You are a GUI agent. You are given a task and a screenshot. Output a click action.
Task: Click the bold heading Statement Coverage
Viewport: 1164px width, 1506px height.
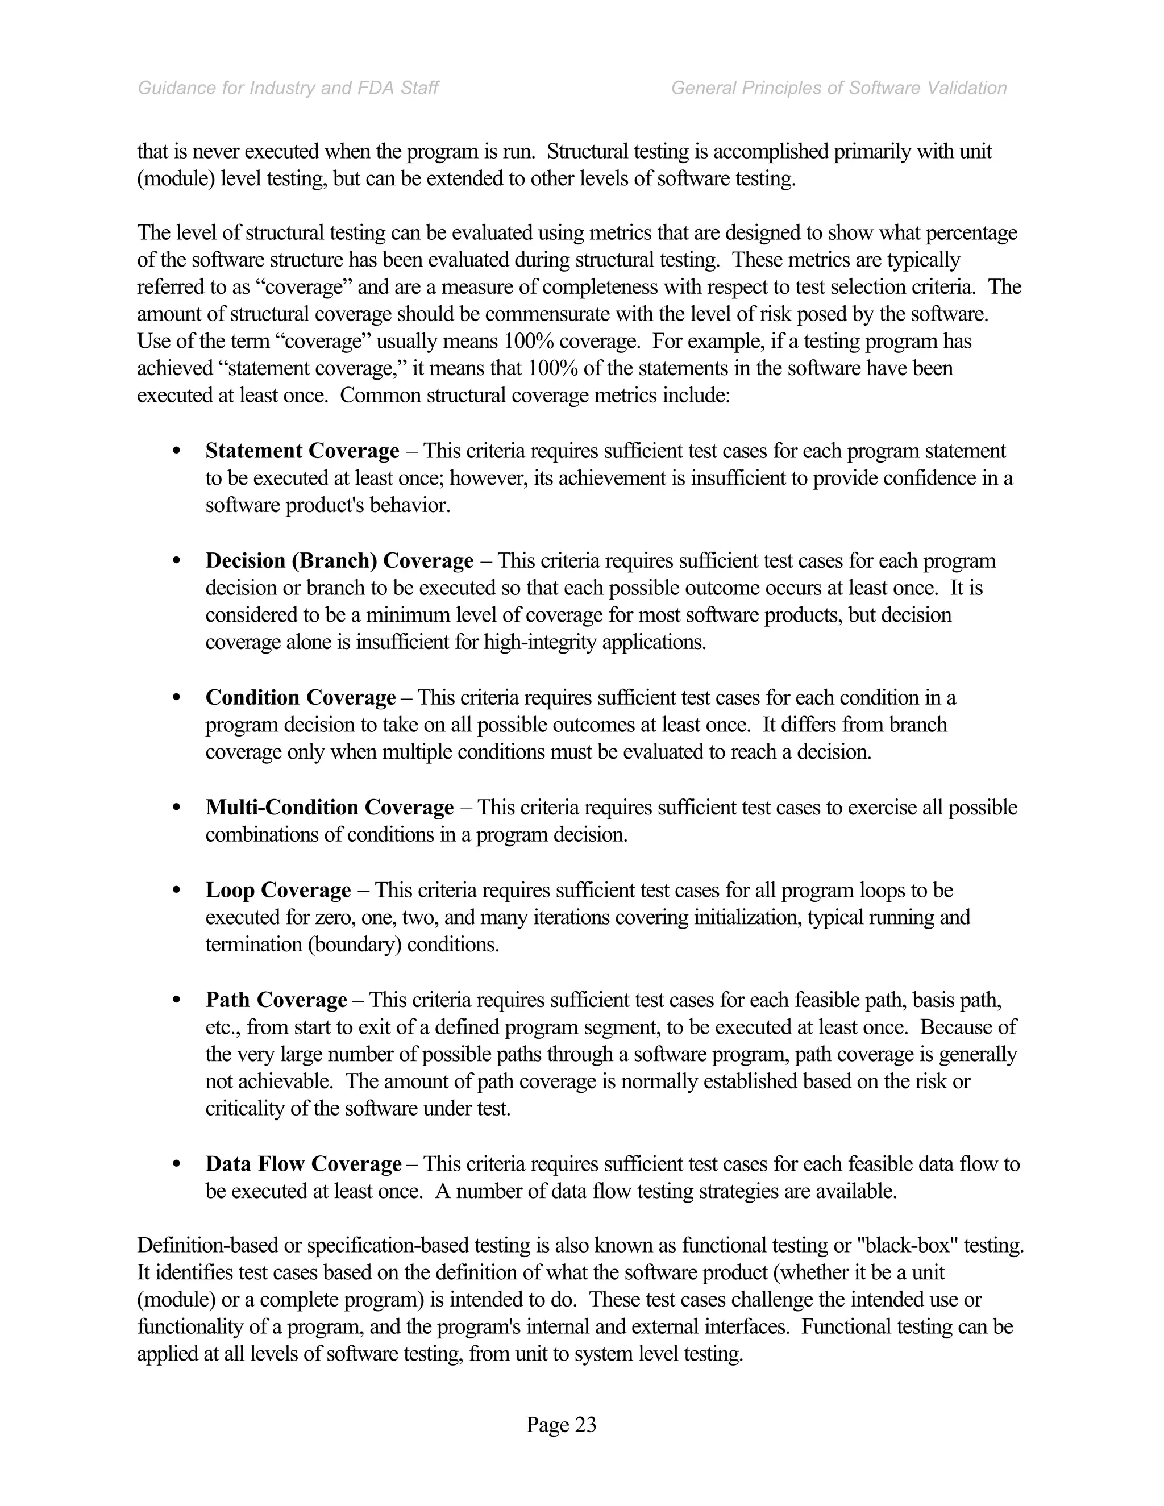[302, 451]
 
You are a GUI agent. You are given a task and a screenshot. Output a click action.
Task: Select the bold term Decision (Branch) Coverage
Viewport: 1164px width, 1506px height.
[339, 560]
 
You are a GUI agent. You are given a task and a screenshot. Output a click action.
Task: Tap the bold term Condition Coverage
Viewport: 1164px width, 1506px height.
[301, 698]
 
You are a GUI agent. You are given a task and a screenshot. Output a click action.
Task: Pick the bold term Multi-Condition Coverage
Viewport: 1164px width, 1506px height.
[330, 808]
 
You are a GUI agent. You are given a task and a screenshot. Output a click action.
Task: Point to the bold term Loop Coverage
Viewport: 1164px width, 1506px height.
[278, 890]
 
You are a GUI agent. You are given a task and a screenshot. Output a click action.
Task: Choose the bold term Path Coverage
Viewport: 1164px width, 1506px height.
[276, 1000]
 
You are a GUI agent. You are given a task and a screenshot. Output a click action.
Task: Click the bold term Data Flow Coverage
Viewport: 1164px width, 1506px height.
[304, 1164]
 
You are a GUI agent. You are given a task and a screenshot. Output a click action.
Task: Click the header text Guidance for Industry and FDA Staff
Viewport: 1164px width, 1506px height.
[288, 88]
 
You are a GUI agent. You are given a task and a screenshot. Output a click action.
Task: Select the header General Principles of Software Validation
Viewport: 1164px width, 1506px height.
[838, 88]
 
